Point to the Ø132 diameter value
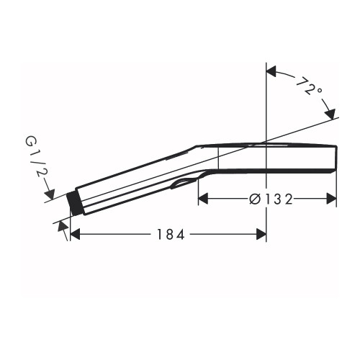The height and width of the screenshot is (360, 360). coord(271,199)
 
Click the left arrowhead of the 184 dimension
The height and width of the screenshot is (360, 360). coord(75,234)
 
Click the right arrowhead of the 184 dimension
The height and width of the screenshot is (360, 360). coord(261,234)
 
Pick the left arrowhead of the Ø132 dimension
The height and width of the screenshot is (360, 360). coord(203,199)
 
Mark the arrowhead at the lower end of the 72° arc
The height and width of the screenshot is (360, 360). coord(330,114)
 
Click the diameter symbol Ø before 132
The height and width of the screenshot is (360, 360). coord(254,199)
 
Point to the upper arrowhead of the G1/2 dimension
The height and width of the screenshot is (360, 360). coord(50,194)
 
